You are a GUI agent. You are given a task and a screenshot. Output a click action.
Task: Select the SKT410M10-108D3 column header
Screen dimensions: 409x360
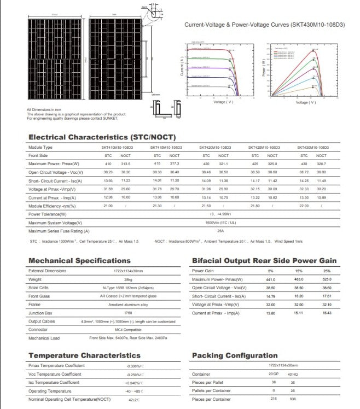pyautogui.click(x=117, y=148)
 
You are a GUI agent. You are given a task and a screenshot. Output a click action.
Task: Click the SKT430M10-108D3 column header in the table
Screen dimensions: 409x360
pyautogui.click(x=313, y=148)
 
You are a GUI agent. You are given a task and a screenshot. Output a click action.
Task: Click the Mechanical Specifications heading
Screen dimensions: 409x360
pyautogui.click(x=79, y=261)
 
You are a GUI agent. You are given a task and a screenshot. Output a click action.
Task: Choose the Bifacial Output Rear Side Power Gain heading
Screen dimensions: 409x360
pyautogui.click(x=264, y=261)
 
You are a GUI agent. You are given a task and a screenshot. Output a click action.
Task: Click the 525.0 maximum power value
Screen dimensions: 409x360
pyautogui.click(x=327, y=279)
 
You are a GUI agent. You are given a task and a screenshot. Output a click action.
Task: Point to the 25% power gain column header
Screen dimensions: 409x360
pyautogui.click(x=327, y=271)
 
